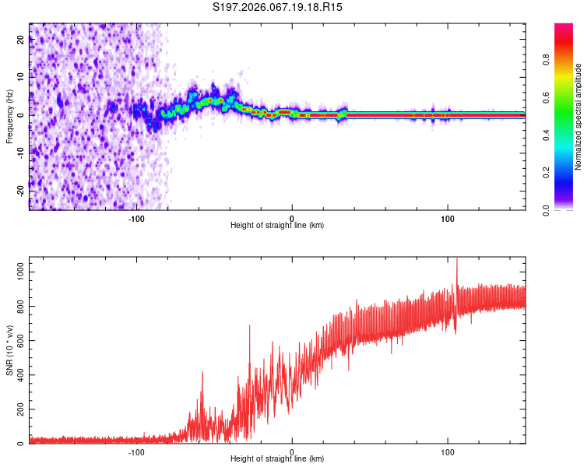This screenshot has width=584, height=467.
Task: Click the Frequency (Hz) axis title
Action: pyautogui.click(x=9, y=115)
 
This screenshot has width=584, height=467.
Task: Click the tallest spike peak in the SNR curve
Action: pyautogui.click(x=457, y=259)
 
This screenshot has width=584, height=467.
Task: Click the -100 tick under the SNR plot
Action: pyautogui.click(x=136, y=451)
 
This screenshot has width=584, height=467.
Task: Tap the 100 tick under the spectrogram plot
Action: pyautogui.click(x=447, y=217)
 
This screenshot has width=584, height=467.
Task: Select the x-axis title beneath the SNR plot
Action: pyautogui.click(x=277, y=461)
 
